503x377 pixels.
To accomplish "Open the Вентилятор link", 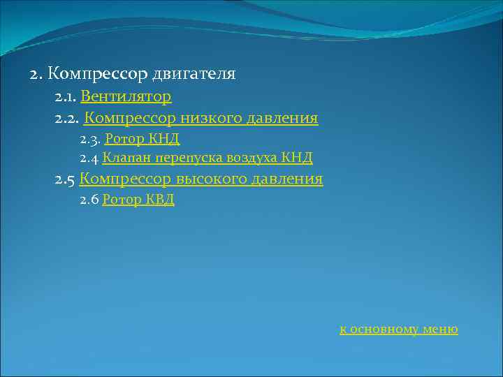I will point(126,96).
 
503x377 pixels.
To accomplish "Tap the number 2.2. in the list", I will point(68,119).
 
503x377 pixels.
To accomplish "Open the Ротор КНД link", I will point(143,139).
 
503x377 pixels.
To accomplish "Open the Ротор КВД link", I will point(138,200).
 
